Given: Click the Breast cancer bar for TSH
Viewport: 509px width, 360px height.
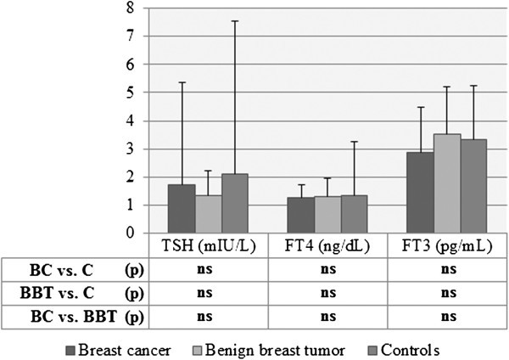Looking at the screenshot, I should tap(182, 209).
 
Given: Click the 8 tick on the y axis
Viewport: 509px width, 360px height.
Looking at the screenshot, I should tap(130, 8).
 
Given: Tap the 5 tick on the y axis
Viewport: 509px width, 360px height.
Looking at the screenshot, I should tap(130, 93).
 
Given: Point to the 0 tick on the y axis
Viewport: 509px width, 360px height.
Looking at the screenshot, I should tap(130, 233).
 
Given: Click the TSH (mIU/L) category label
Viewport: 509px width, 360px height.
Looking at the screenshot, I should tap(209, 245).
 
